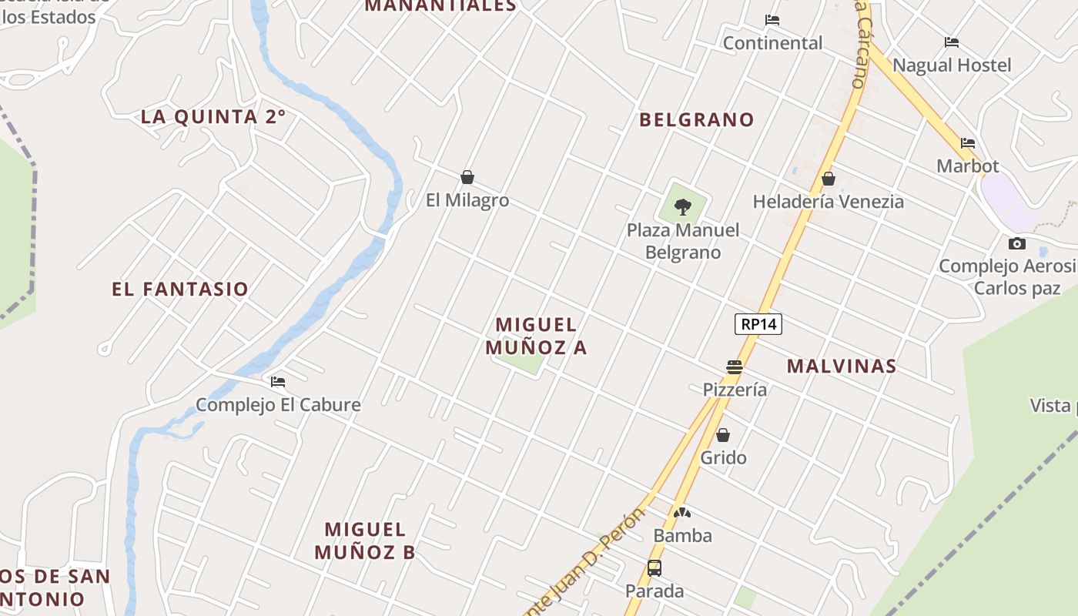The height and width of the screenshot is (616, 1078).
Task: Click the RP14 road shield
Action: tap(758, 324)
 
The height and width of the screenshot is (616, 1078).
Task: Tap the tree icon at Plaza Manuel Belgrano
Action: tap(682, 206)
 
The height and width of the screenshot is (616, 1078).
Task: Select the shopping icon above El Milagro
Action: tap(467, 178)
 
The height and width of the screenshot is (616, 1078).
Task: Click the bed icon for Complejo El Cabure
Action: tap(278, 382)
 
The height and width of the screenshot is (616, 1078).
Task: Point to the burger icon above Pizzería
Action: tap(734, 367)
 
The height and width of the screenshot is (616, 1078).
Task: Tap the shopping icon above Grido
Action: tap(723, 436)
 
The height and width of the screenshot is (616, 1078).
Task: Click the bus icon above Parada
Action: tap(654, 568)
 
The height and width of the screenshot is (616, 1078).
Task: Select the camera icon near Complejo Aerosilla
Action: tap(1017, 244)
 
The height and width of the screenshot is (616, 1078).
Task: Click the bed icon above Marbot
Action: tap(968, 143)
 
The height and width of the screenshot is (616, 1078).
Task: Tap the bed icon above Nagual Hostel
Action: tap(952, 42)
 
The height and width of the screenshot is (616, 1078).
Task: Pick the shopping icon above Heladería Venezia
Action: tap(829, 179)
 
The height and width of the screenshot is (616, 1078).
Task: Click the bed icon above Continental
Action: tap(772, 20)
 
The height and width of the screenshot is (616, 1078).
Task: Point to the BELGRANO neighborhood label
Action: tap(697, 119)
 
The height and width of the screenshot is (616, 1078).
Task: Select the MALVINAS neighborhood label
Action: tap(842, 366)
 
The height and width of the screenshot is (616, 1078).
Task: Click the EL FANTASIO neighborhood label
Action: tap(180, 289)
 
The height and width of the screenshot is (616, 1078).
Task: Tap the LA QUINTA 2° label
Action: tap(213, 117)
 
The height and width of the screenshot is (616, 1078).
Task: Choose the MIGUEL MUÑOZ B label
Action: tap(365, 541)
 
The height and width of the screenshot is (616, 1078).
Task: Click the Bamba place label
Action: tap(682, 535)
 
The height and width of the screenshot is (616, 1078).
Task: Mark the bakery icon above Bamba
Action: tap(682, 513)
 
